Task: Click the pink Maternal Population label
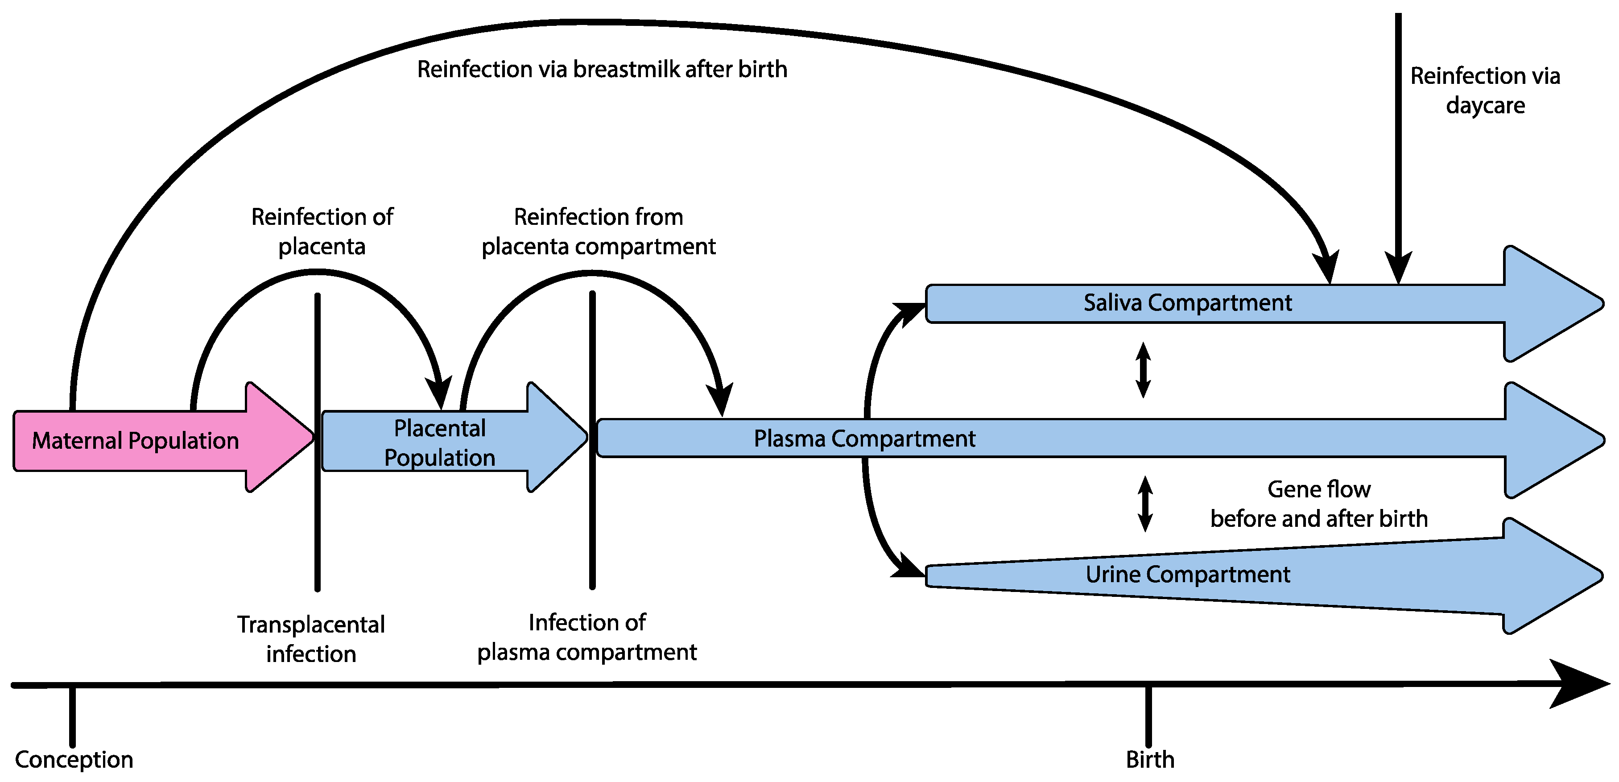point(135,441)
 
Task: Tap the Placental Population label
point(439,443)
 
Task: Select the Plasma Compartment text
point(864,438)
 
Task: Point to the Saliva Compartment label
point(1187,302)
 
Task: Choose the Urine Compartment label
point(1187,574)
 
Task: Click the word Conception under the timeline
point(74,759)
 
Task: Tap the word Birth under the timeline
point(1149,759)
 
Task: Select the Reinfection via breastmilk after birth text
point(602,69)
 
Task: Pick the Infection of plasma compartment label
point(586,637)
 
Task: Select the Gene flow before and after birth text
point(1318,504)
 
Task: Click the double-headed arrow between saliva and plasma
point(1143,370)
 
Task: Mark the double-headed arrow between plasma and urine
point(1145,504)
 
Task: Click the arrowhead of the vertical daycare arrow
point(1398,269)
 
